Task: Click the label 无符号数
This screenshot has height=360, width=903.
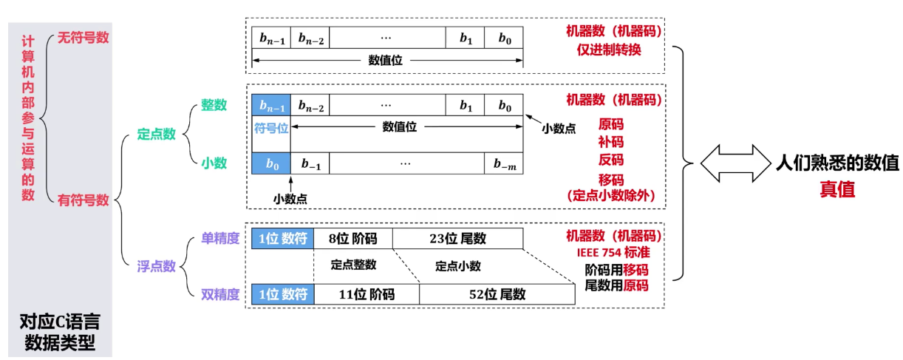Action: (x=83, y=38)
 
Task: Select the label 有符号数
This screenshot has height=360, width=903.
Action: (x=83, y=200)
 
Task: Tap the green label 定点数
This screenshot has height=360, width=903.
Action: (x=157, y=135)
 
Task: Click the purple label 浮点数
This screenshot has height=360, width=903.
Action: (x=157, y=267)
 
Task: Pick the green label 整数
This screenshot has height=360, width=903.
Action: (x=214, y=106)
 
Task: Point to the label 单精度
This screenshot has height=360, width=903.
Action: (x=220, y=239)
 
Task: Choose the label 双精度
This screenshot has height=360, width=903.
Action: (x=220, y=295)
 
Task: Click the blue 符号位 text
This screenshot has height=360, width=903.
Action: (x=270, y=127)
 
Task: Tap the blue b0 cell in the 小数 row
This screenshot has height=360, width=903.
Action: (x=270, y=164)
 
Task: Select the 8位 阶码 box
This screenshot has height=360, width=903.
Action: (x=353, y=239)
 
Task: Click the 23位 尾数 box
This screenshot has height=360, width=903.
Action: (x=457, y=239)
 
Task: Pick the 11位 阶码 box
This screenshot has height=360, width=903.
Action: (x=367, y=294)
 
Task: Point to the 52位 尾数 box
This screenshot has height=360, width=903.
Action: (x=497, y=294)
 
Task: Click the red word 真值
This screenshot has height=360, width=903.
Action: (x=836, y=189)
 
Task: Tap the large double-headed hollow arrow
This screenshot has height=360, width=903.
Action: (x=735, y=163)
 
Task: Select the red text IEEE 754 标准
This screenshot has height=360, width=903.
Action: (x=612, y=252)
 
